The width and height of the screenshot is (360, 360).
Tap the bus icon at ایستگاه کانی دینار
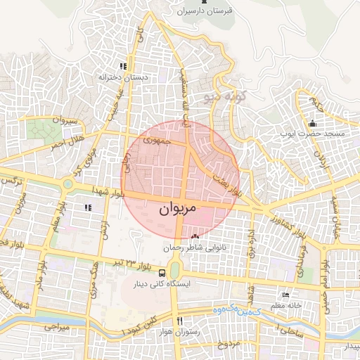[x=162, y=272]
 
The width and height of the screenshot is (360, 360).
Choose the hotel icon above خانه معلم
[x=285, y=295]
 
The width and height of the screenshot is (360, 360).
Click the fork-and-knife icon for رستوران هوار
[x=180, y=321]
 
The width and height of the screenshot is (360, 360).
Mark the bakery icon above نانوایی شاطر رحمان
[x=195, y=238]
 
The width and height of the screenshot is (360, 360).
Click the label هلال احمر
[x=66, y=141]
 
